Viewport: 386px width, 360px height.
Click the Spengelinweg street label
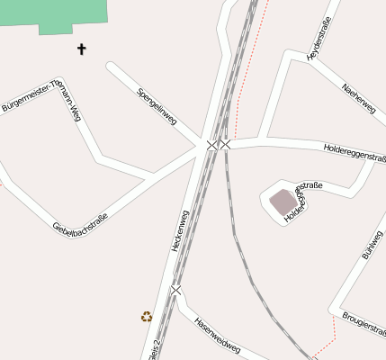tap(157, 106)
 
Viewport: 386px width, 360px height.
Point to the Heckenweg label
tap(180, 230)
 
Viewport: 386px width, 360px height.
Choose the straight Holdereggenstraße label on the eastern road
tap(354, 148)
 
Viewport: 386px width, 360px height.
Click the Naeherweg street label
tap(359, 98)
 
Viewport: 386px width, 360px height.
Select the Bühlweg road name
tap(372, 244)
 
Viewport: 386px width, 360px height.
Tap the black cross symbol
tap(82, 49)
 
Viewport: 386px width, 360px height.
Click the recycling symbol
tap(147, 316)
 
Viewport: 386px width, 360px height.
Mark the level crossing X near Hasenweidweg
tap(175, 290)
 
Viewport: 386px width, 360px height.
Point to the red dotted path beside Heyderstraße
tap(248, 63)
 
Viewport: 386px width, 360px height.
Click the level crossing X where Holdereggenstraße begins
tap(225, 144)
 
